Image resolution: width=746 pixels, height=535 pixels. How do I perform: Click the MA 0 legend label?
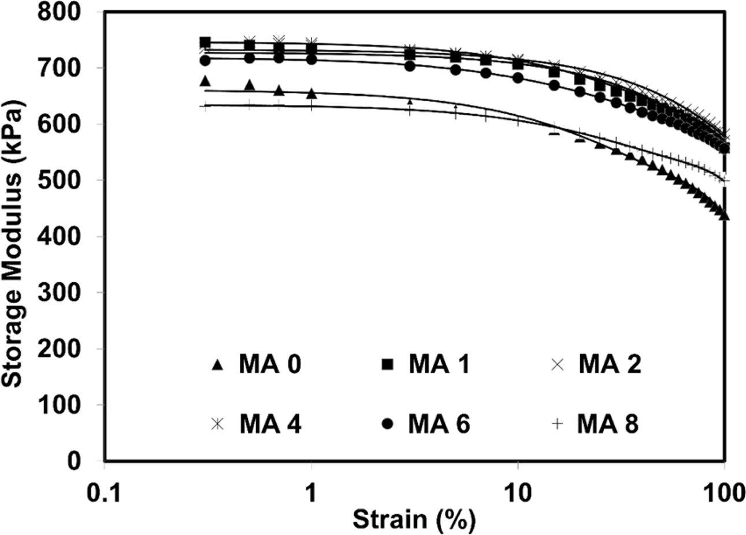coord(270,365)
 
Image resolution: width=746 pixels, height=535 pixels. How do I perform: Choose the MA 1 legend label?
coord(439,365)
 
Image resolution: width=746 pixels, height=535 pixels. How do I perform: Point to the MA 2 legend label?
coord(610,365)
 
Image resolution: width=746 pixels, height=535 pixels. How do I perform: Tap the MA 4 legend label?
coord(270,425)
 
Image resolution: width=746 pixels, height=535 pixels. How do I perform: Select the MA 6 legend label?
coord(439,425)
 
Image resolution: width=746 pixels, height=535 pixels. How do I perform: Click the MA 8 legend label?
coord(607,425)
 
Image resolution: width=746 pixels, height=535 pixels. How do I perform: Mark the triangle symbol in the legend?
coord(217,365)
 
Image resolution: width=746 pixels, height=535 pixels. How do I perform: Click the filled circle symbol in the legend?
coord(388,425)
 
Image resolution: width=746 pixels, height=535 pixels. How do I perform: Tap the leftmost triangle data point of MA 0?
coord(205,81)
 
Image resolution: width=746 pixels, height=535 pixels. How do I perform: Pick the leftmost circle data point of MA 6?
coord(205,60)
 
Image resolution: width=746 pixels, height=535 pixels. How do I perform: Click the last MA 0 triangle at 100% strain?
coord(724,215)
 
